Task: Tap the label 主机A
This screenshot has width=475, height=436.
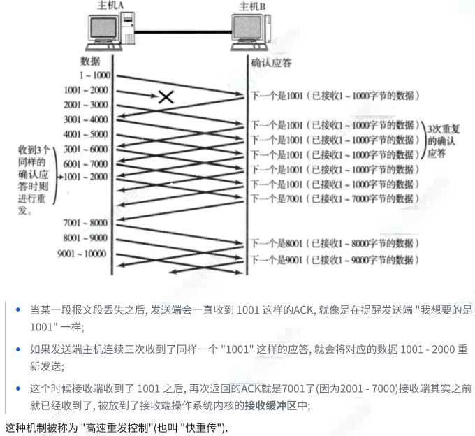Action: (x=110, y=6)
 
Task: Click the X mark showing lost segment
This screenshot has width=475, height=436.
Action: (x=166, y=96)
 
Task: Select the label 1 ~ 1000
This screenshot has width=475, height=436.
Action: (x=95, y=75)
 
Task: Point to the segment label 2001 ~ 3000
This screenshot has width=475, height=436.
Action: (x=86, y=105)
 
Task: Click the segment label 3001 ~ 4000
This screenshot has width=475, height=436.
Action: (x=86, y=119)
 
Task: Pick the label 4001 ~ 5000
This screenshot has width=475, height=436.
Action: (x=86, y=134)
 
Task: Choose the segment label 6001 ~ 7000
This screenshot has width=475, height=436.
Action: (x=86, y=163)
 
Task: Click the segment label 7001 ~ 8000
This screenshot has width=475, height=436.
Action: (x=86, y=223)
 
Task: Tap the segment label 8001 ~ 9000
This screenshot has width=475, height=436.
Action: (x=86, y=238)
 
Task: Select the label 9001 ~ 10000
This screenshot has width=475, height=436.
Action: (x=82, y=253)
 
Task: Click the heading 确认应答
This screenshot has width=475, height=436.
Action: (x=272, y=63)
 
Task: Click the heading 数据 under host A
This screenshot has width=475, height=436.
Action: (x=91, y=61)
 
